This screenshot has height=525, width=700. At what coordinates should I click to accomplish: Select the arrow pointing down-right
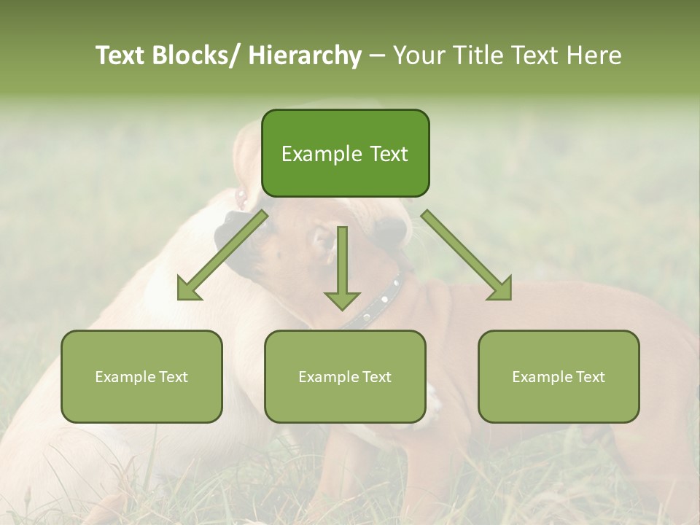[467, 255]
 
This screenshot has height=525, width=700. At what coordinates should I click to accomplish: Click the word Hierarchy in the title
[305, 55]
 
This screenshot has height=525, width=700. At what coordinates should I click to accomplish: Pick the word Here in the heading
[594, 55]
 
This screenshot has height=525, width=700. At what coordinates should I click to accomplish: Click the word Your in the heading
[419, 55]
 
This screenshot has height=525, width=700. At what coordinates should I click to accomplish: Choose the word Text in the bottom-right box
[590, 377]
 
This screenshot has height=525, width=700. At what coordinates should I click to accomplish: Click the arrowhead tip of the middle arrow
[342, 308]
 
